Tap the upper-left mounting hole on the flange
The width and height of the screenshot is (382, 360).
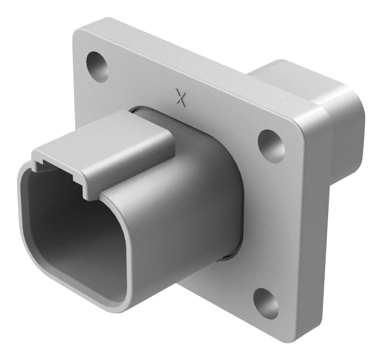[97, 65]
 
